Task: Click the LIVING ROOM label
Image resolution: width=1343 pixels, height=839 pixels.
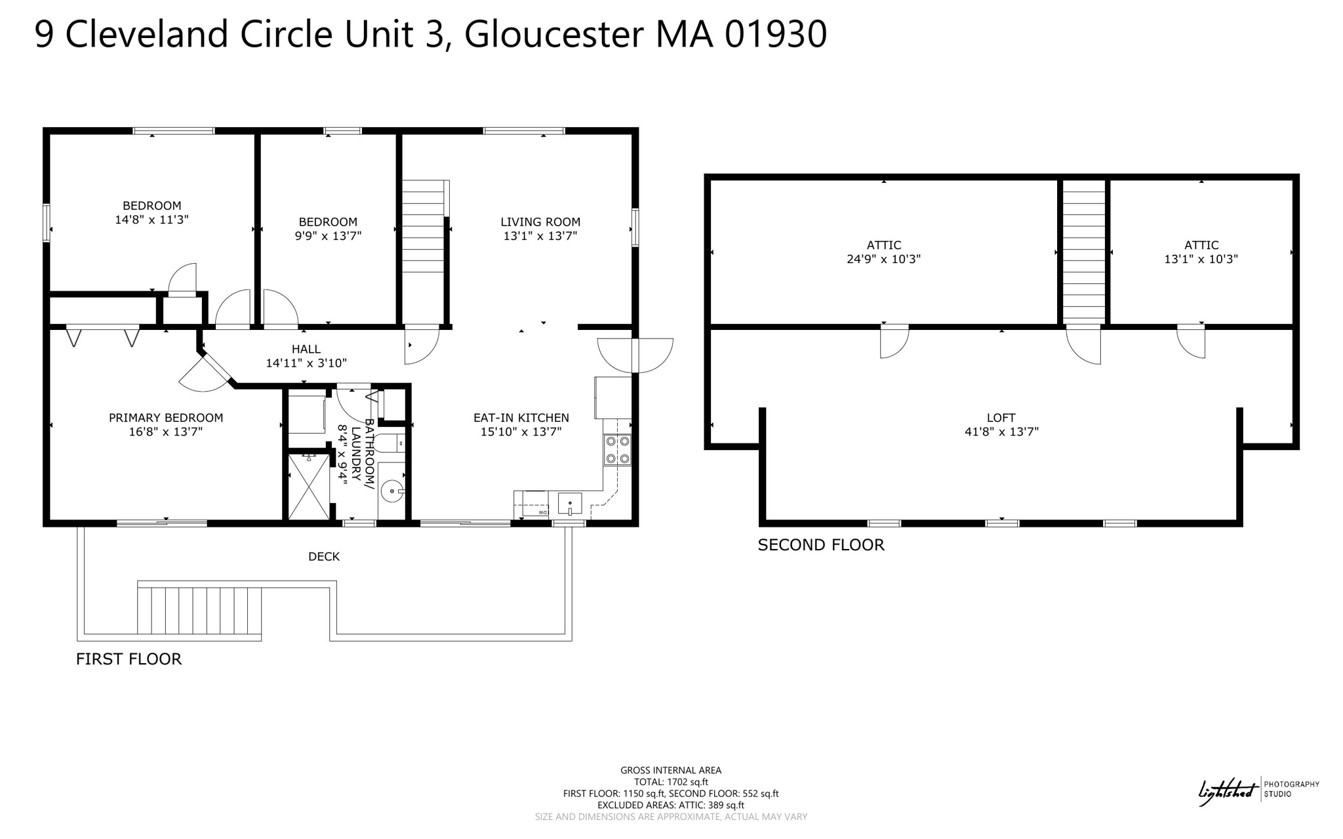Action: [x=540, y=222]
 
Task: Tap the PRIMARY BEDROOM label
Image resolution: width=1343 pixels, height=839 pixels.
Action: [x=166, y=418]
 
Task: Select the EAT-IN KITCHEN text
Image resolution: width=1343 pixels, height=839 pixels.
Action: [x=521, y=418]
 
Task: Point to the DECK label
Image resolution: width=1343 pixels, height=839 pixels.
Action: [x=324, y=556]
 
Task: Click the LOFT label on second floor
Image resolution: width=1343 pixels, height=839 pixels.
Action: [x=1001, y=418]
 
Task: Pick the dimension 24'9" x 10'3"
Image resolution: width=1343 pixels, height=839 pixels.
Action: [x=883, y=259]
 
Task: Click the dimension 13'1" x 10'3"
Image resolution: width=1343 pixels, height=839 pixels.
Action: [x=1201, y=259]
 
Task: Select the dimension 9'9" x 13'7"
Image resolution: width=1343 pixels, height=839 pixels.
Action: [x=328, y=235]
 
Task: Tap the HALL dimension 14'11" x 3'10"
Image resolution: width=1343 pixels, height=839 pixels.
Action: [x=306, y=363]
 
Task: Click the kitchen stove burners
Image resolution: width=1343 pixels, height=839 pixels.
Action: [x=617, y=450]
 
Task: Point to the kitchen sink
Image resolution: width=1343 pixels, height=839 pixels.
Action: [x=570, y=504]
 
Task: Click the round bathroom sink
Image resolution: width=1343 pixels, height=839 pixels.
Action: [x=392, y=491]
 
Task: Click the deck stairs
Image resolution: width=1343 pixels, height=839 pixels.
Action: [x=199, y=610]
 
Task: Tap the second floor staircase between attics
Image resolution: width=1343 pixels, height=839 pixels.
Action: [x=1083, y=252]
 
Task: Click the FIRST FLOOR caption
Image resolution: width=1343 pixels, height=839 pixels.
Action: [x=129, y=659]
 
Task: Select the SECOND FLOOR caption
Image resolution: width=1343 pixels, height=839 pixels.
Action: [x=821, y=545]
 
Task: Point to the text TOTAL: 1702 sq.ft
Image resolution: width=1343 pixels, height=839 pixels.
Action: [x=671, y=782]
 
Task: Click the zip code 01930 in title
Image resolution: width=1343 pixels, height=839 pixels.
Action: [x=776, y=34]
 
